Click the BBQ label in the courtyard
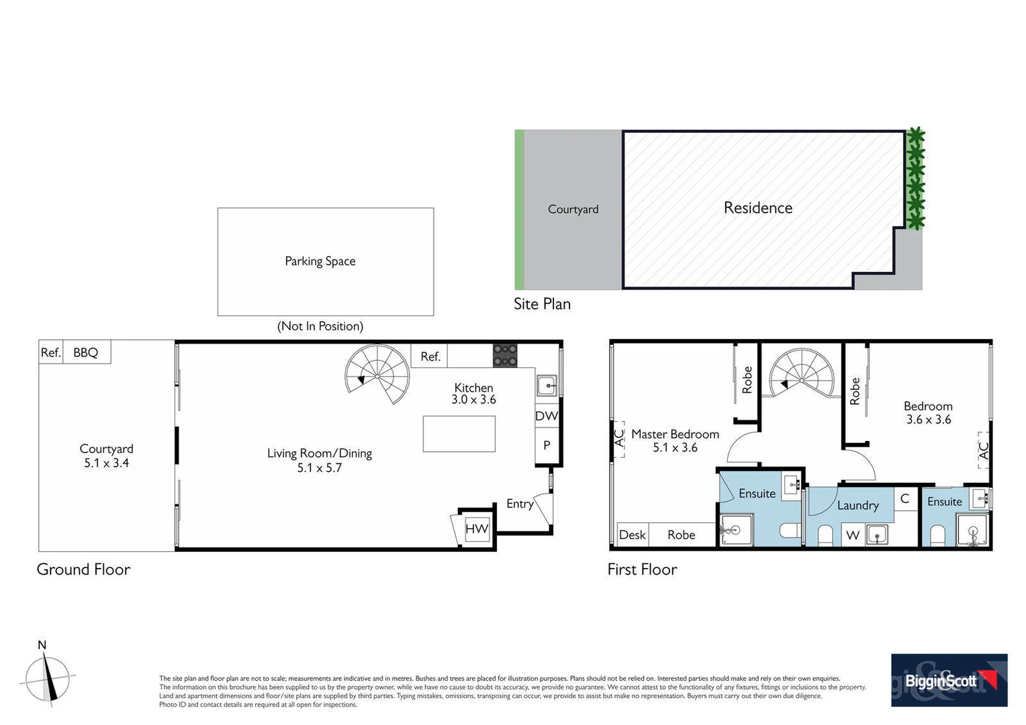click(86, 352)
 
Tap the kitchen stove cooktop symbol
click(505, 356)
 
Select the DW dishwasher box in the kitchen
click(547, 416)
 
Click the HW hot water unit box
click(477, 528)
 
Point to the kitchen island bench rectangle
click(459, 434)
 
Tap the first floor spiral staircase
click(802, 374)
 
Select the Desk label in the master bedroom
click(632, 535)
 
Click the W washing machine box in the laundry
click(853, 535)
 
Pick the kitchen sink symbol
click(547, 386)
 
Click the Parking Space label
click(320, 261)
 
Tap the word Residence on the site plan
click(758, 208)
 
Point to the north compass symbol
click(46, 677)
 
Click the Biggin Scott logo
click(949, 680)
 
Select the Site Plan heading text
click(542, 304)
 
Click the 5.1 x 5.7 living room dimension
click(320, 468)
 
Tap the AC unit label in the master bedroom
click(619, 438)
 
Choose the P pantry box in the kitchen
click(547, 445)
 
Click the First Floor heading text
click(642, 569)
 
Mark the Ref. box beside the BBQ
click(51, 352)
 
